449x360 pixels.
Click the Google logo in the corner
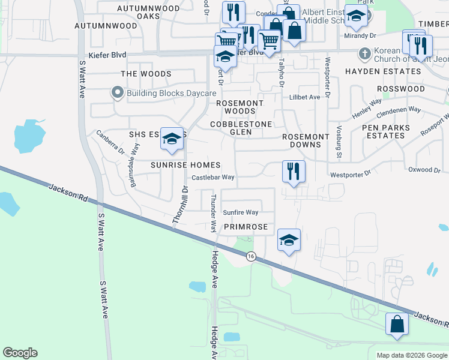[20, 353]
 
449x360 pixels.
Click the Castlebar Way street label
[213, 178]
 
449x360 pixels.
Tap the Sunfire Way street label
[240, 212]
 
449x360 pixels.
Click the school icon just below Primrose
[289, 241]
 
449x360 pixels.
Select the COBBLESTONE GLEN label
[241, 128]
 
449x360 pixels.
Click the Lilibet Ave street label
[304, 97]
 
